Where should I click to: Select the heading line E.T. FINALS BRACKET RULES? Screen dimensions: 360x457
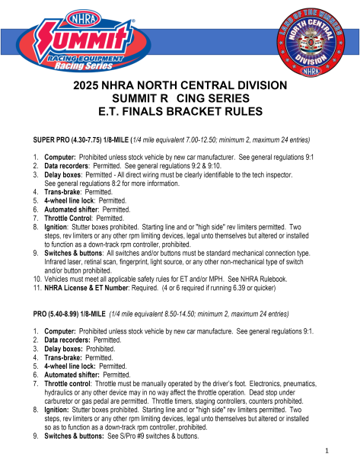tap(180, 111)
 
